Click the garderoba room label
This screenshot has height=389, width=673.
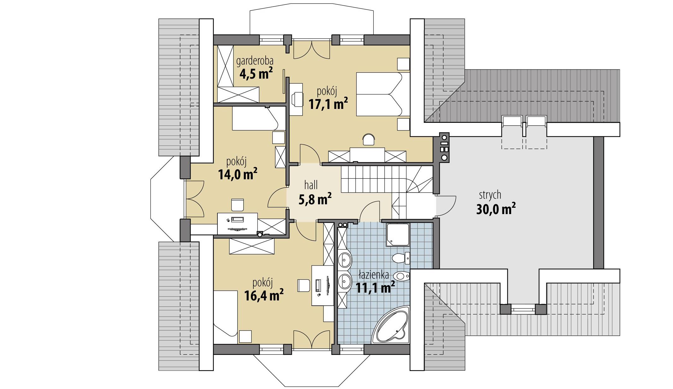click(x=255, y=61)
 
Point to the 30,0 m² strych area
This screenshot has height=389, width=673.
click(x=496, y=209)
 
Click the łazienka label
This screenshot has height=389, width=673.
click(x=374, y=275)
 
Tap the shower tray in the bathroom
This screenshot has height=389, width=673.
click(x=398, y=235)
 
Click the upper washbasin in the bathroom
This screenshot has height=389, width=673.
click(x=345, y=260)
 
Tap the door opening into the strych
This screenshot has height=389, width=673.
click(x=446, y=206)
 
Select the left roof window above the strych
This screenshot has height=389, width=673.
click(x=512, y=122)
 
